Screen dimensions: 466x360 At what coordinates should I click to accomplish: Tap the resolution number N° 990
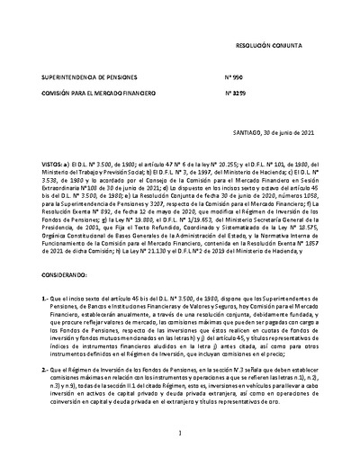[235, 78]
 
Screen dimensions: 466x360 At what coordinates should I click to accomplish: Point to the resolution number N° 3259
[236, 93]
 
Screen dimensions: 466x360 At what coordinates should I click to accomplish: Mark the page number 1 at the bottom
[180, 435]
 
